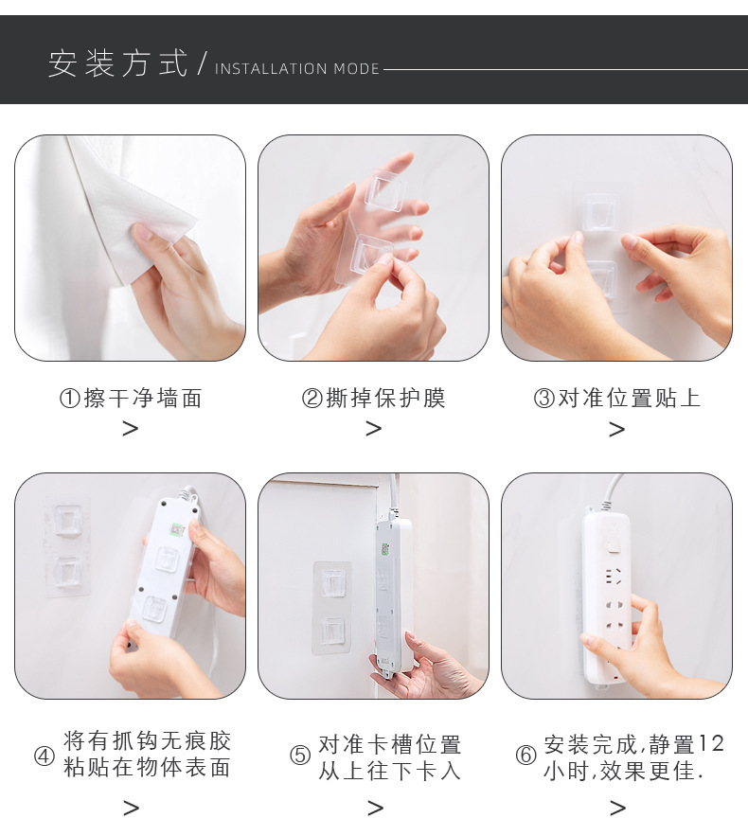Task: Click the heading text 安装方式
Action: pyautogui.click(x=117, y=63)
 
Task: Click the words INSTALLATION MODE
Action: pyautogui.click(x=297, y=69)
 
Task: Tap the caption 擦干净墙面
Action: pyautogui.click(x=143, y=399)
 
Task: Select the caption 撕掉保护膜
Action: pyautogui.click(x=385, y=399)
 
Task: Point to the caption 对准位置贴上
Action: pyautogui.click(x=629, y=399)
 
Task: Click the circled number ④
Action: pyautogui.click(x=45, y=756)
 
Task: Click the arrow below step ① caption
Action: pyautogui.click(x=131, y=429)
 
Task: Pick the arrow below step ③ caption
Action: pyautogui.click(x=616, y=429)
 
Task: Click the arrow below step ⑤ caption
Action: pyautogui.click(x=375, y=809)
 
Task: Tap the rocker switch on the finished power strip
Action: pyautogui.click(x=614, y=547)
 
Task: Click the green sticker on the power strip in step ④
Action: pyautogui.click(x=177, y=530)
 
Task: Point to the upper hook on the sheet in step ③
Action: pyautogui.click(x=601, y=212)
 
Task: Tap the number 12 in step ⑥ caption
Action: pyautogui.click(x=711, y=743)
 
